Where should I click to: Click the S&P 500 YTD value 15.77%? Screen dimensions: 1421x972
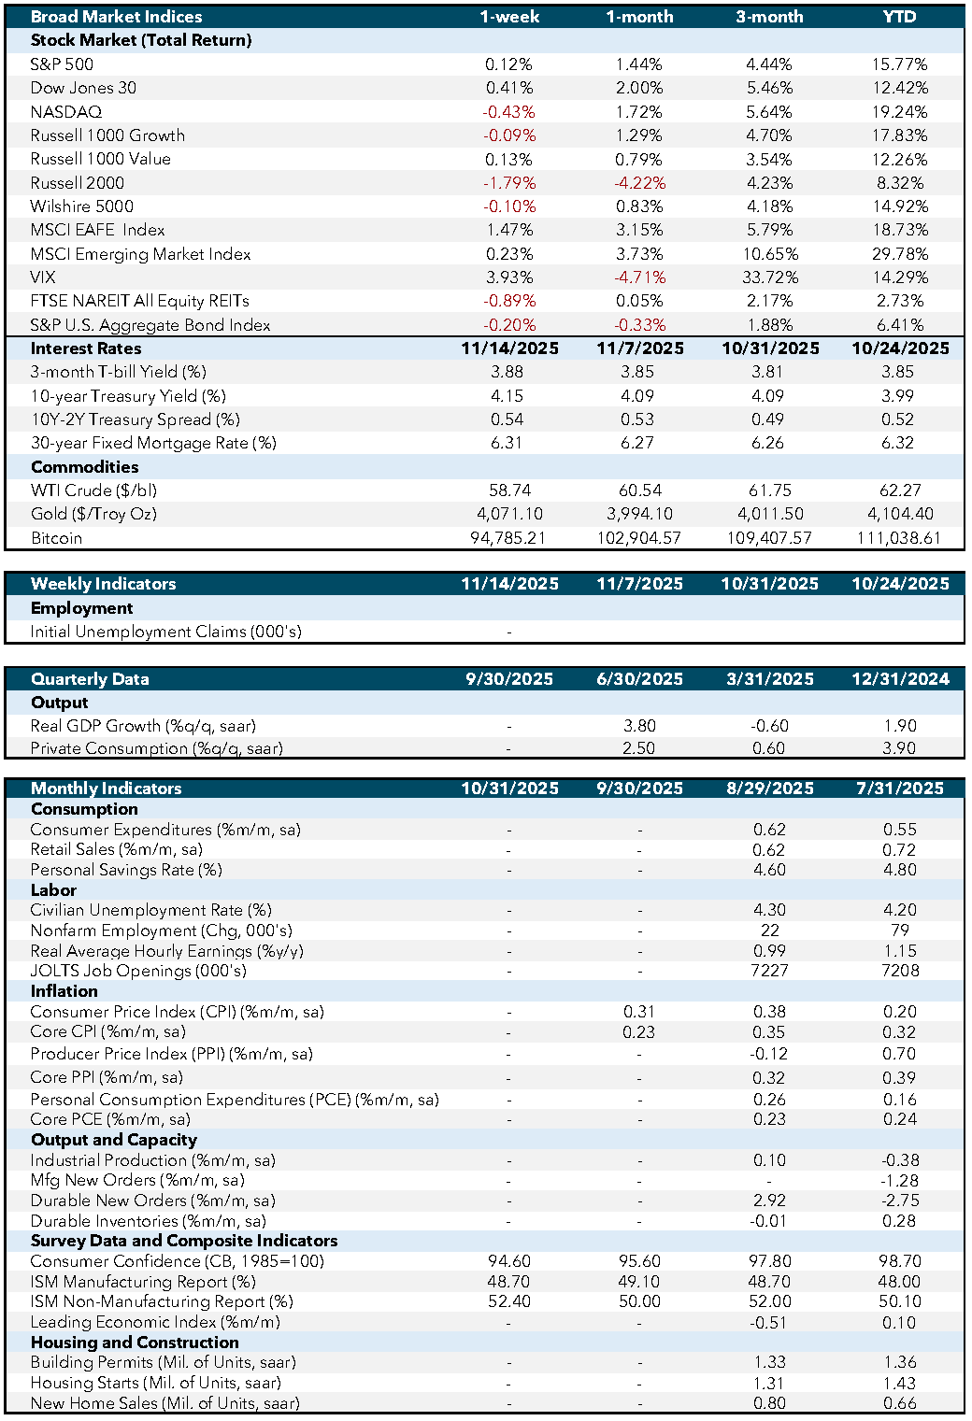click(899, 64)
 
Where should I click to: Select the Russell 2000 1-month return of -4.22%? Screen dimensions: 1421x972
click(639, 183)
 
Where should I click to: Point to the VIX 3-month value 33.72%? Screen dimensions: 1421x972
click(769, 277)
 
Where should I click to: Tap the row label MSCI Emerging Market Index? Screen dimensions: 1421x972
click(140, 254)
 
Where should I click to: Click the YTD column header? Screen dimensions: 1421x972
click(899, 17)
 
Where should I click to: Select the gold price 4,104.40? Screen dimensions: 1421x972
click(899, 514)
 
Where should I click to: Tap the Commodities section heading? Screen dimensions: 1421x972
click(84, 467)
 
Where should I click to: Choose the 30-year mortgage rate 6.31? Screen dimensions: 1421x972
click(507, 443)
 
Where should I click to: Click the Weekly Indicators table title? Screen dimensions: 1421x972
click(103, 584)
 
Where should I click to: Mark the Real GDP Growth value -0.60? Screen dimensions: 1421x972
click(769, 726)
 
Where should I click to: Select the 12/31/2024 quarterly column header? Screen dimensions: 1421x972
click(899, 679)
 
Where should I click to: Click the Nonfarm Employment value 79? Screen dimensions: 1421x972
click(899, 931)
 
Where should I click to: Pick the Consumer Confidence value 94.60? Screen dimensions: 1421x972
click(508, 1261)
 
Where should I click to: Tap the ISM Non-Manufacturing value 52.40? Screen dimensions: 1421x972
click(508, 1301)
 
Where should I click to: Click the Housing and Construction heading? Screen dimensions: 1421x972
click(135, 1343)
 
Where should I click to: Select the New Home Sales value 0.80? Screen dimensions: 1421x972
click(769, 1403)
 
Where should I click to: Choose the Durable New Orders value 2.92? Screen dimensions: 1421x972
click(769, 1201)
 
